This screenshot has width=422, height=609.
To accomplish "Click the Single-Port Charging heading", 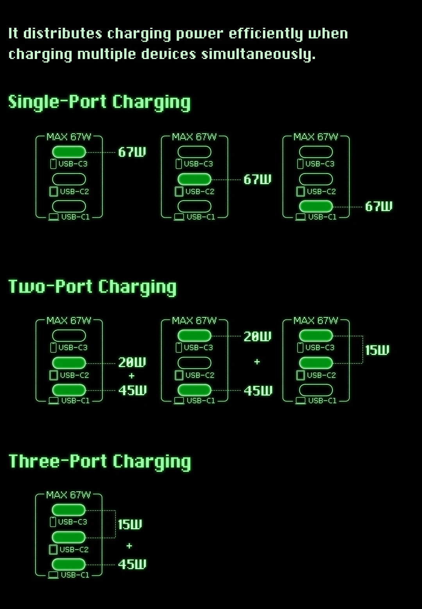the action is [x=99, y=102].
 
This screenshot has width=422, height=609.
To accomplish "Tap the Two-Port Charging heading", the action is [x=92, y=287].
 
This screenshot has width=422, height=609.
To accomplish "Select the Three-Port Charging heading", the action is [x=100, y=461].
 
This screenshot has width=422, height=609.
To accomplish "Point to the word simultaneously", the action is [x=258, y=54].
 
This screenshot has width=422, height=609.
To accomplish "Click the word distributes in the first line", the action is [x=63, y=34].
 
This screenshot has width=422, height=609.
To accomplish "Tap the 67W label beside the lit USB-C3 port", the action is [x=132, y=152].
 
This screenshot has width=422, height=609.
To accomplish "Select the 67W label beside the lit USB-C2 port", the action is [x=257, y=179].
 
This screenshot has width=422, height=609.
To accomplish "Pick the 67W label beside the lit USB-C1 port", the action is [x=379, y=206].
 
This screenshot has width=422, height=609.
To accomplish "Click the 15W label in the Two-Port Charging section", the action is [x=377, y=350].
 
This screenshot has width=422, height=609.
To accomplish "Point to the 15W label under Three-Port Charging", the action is [x=130, y=524].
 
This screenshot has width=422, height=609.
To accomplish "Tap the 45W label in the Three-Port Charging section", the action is [x=132, y=564].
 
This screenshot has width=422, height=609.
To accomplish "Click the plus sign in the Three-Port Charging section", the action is [x=129, y=545].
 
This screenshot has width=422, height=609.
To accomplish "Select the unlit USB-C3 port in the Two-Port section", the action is [x=69, y=335].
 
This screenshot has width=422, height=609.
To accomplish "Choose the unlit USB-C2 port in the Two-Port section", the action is [x=194, y=363].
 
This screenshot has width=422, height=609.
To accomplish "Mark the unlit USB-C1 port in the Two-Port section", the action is [x=316, y=390].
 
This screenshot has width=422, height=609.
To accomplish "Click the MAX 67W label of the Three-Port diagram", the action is [x=68, y=495].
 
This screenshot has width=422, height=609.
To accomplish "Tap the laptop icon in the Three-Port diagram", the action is [x=53, y=575].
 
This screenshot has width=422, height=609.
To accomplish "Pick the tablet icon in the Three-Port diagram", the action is [x=53, y=549].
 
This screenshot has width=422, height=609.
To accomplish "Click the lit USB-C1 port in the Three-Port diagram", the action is [x=68, y=564].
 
